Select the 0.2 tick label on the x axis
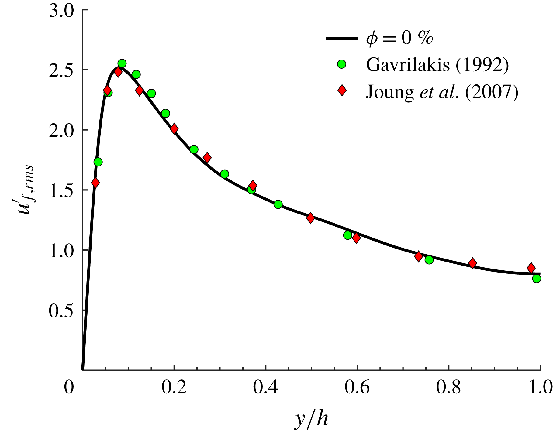[x=174, y=388]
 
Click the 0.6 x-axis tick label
[x=357, y=388]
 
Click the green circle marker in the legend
[x=342, y=64]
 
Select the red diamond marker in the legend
[x=342, y=91]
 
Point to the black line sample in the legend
[x=342, y=39]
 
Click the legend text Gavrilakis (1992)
[x=437, y=64]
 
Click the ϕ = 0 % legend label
[x=399, y=38]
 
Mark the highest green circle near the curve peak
[x=122, y=63]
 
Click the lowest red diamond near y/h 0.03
[x=95, y=183]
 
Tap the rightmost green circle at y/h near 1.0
[x=537, y=278]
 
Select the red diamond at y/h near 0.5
[x=310, y=218]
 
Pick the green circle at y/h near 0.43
[x=278, y=204]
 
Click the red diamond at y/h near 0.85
[x=472, y=263]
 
